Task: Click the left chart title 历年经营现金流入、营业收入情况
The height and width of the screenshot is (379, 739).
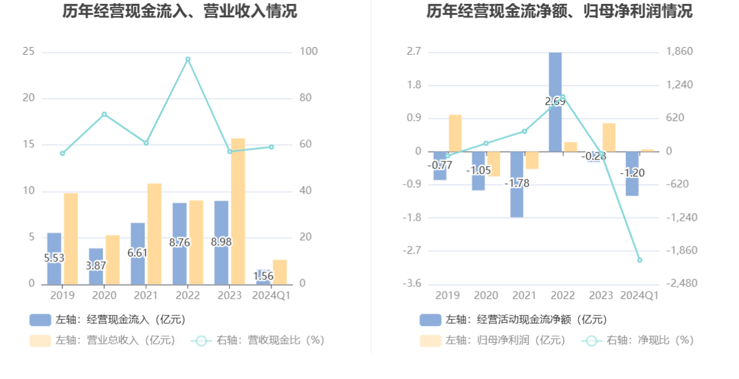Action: (180, 11)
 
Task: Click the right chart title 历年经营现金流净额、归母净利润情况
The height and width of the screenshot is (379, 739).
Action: (559, 11)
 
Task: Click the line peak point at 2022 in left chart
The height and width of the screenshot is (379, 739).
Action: (188, 59)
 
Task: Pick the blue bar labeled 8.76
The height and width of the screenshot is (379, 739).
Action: (180, 243)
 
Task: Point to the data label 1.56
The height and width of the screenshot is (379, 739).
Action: (263, 276)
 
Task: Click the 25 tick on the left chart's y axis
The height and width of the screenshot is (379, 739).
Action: (28, 51)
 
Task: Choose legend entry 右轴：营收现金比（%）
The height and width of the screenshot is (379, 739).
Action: (257, 340)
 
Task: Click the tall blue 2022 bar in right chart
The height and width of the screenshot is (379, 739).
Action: (555, 102)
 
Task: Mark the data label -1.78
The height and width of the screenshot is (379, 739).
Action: (517, 183)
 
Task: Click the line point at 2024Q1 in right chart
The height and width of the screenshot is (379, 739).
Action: (640, 260)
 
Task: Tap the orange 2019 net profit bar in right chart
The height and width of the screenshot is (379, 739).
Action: (455, 133)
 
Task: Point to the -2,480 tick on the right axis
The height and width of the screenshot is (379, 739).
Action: (680, 284)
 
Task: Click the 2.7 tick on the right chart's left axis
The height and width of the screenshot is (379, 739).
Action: (413, 51)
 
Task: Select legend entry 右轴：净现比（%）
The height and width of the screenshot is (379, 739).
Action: (637, 340)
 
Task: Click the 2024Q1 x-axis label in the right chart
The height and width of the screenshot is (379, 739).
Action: (639, 295)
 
